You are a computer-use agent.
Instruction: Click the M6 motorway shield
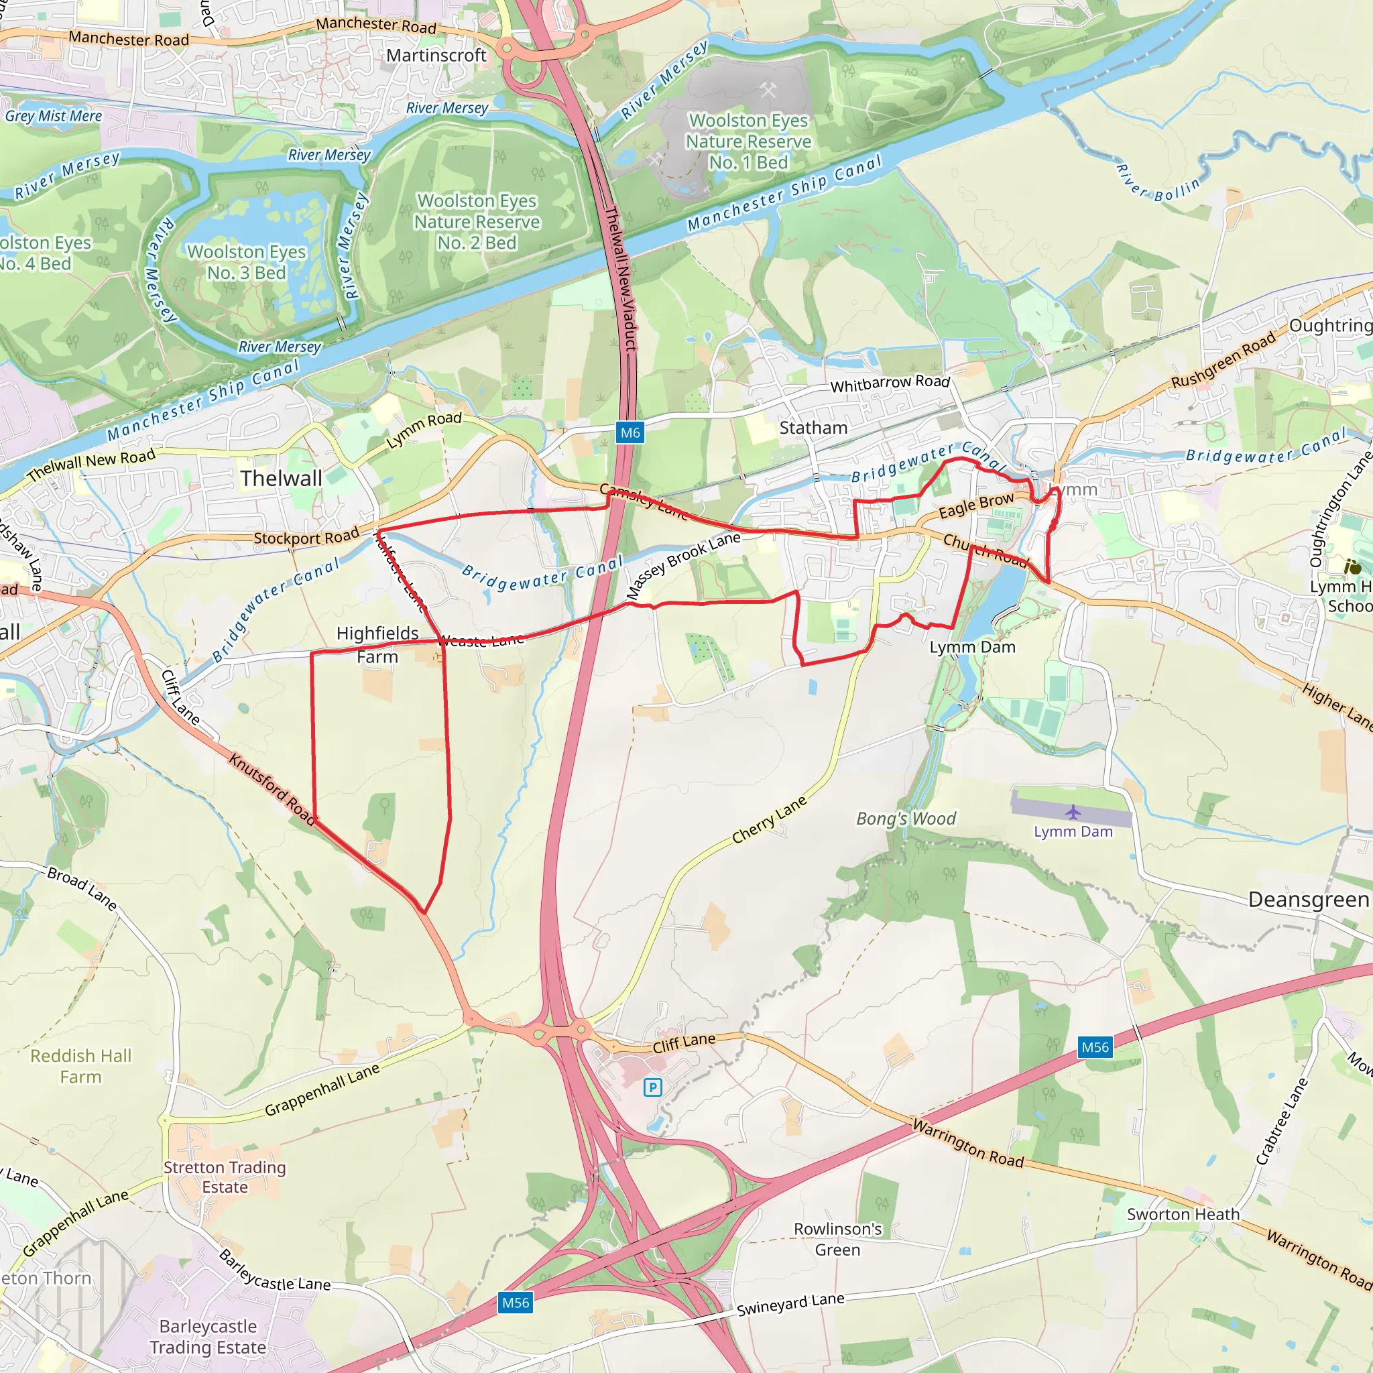tap(630, 432)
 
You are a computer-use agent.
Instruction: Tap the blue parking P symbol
tap(652, 1087)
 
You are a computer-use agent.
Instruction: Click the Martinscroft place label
tap(436, 56)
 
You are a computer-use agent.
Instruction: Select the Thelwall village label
tap(281, 478)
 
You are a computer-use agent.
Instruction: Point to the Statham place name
tap(813, 428)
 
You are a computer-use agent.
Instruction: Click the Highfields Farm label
tap(377, 644)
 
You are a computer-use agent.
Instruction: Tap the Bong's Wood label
tap(906, 819)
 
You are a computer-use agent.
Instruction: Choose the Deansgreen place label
tap(1309, 900)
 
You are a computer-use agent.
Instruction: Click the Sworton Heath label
tap(1183, 1215)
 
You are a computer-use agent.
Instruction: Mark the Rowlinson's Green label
tap(837, 1240)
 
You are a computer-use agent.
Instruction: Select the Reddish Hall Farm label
tap(81, 1066)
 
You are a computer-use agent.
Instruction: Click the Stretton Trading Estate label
tap(225, 1177)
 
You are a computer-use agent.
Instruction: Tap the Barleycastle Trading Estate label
tap(208, 1337)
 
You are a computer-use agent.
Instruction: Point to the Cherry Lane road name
tap(770, 819)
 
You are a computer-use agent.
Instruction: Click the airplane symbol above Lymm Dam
tap(1073, 812)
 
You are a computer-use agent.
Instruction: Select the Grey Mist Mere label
tap(54, 116)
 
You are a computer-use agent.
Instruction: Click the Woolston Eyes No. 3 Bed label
tap(246, 262)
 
